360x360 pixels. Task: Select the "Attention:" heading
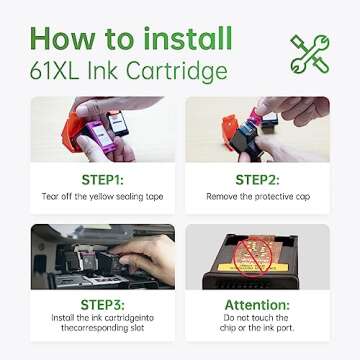point(265,303)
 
